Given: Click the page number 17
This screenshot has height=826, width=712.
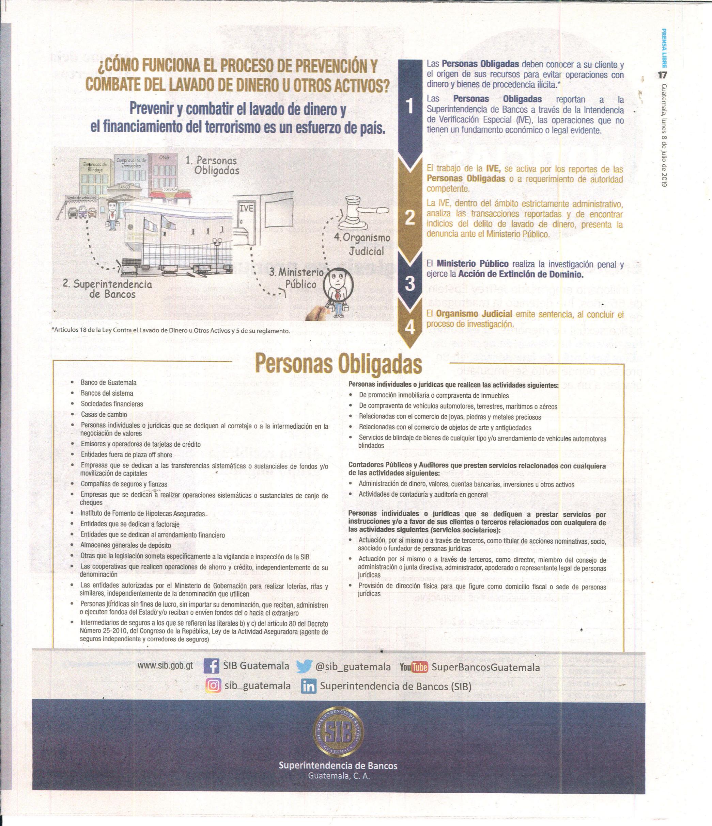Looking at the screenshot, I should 663,75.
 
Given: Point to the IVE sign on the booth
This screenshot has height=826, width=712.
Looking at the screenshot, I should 246,208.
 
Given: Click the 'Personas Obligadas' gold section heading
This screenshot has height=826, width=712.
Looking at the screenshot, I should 338,363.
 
